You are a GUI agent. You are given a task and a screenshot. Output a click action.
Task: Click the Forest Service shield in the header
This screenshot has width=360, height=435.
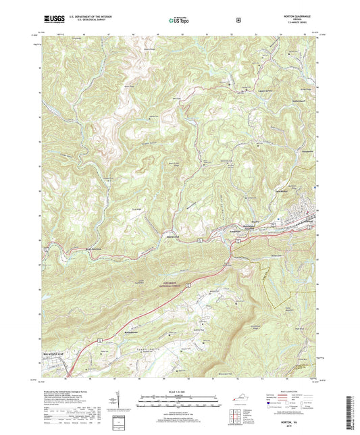(x=238, y=20)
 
